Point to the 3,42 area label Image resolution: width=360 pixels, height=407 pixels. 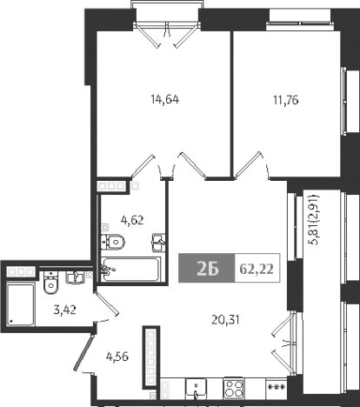(58, 308)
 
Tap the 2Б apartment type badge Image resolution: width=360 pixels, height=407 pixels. (207, 270)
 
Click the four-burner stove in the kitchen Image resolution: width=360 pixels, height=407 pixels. (234, 387)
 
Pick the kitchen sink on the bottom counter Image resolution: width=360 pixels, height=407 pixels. (199, 387)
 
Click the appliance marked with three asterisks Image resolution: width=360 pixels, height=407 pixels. (277, 387)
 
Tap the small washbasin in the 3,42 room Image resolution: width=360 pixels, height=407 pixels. (76, 277)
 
